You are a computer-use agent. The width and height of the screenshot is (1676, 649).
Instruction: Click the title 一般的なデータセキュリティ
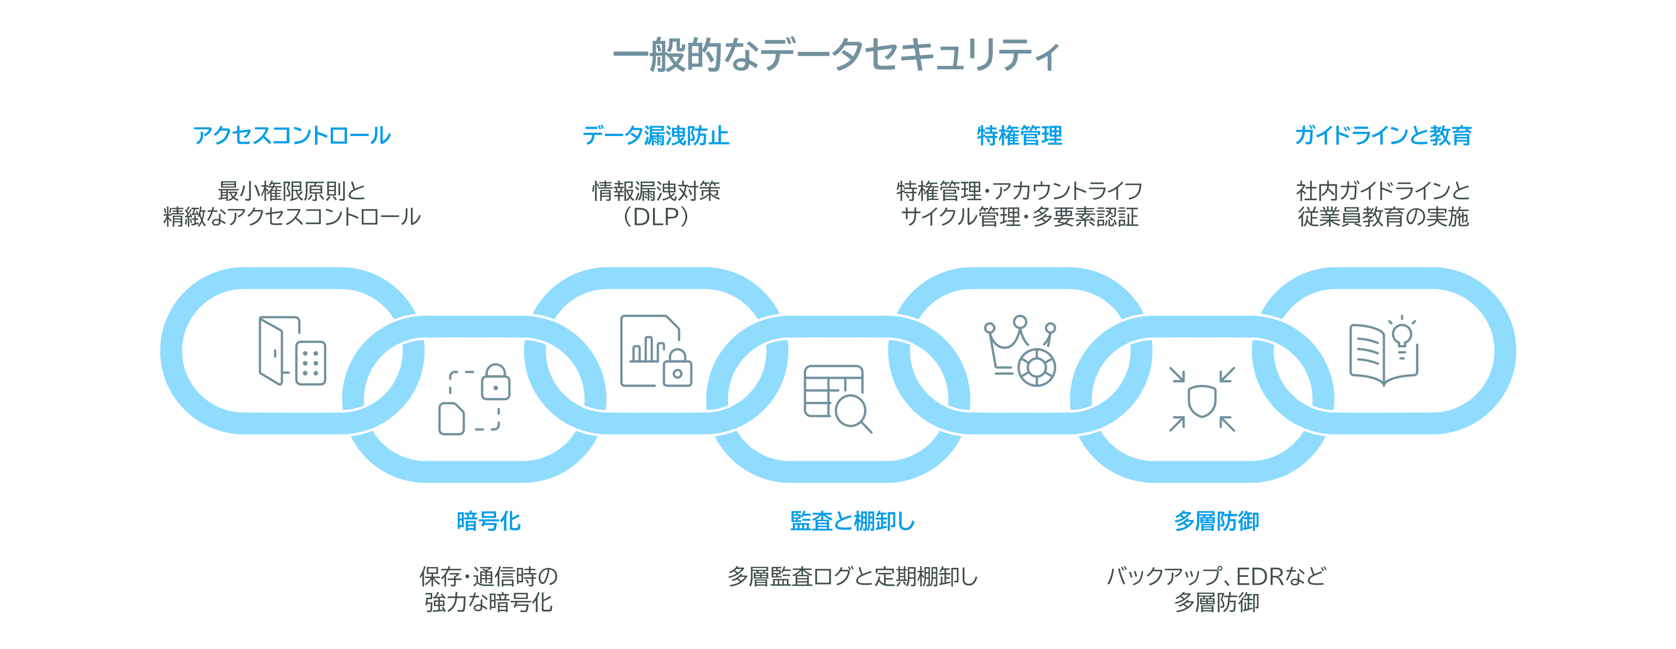coord(837,55)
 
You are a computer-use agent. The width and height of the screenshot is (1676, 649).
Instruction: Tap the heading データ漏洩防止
coord(656,135)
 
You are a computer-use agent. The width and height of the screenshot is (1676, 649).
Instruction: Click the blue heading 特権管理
coord(1020,135)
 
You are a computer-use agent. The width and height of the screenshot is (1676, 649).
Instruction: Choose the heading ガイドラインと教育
coord(1383,135)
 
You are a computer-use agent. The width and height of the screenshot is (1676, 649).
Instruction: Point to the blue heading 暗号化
coord(489,521)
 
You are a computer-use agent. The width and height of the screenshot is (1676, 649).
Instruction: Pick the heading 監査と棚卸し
coord(852,521)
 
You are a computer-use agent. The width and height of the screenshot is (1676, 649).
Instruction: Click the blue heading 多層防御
coord(1216,521)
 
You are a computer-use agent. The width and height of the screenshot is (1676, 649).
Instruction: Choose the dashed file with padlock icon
coord(474,399)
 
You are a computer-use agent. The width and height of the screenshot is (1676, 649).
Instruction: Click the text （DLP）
coord(656,217)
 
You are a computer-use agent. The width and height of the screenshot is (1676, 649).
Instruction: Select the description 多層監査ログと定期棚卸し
coord(852,577)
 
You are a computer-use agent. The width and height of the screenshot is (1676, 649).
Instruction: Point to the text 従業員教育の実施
coord(1383,217)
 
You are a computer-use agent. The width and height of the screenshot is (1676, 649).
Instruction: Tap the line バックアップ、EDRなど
coord(1216,577)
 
